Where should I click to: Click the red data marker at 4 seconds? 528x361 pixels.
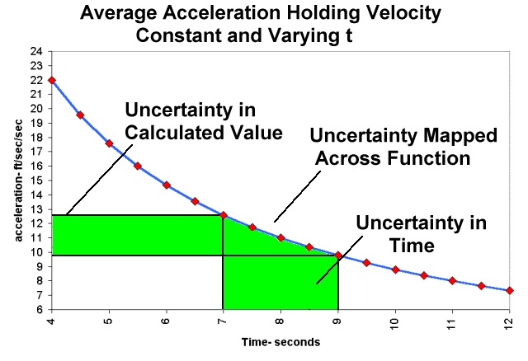52,80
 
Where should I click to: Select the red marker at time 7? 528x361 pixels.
223,215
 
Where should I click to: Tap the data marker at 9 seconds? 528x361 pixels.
337,256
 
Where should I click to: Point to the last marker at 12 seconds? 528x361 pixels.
509,290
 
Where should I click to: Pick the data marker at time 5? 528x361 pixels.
109,143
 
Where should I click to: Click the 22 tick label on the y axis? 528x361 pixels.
36,80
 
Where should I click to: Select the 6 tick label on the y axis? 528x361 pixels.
39,310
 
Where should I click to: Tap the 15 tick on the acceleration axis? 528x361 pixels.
36,180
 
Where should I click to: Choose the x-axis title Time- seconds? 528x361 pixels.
280,341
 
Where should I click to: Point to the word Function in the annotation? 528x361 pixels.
433,157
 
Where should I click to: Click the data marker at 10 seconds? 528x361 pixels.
395,270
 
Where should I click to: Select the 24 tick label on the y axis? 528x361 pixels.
36,51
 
